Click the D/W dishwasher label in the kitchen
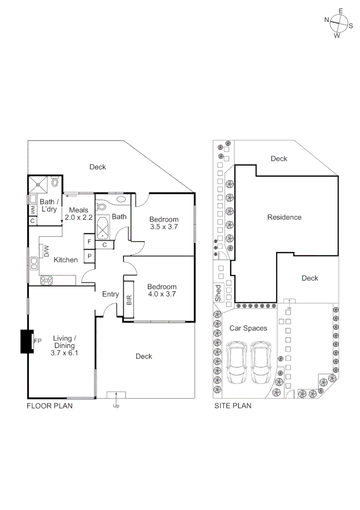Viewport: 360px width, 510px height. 47,251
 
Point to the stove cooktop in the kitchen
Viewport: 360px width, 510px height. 47,280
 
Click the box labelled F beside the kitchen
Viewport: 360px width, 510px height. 89,242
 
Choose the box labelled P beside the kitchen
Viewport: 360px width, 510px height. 89,256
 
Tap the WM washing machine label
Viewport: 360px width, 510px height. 32,208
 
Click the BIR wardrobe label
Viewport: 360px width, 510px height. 129,300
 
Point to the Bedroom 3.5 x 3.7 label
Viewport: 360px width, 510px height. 164,223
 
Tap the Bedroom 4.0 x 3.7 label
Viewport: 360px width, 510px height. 162,290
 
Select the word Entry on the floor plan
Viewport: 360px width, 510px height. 110,294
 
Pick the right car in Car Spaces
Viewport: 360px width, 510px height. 261,363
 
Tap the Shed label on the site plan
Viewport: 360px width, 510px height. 218,293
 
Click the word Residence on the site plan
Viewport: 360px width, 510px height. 284,217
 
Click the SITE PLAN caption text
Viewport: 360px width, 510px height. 233,405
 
